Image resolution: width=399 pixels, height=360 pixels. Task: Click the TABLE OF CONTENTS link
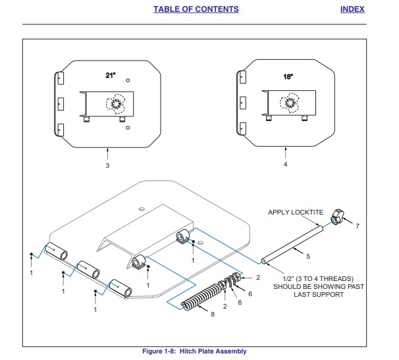point(196,9)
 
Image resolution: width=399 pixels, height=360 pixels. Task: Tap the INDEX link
point(352,9)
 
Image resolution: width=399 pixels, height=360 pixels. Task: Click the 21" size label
point(111,76)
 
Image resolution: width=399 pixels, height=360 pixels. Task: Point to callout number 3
point(107,166)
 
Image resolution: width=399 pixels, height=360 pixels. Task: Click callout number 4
point(285,165)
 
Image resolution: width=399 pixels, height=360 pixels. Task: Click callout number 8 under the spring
point(212,315)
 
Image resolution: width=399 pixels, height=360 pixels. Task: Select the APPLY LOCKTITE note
point(295,212)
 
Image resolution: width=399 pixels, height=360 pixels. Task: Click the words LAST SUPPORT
point(319,295)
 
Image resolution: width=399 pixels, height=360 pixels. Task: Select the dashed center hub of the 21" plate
point(116,103)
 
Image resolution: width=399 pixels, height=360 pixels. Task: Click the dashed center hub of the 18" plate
point(290,102)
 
